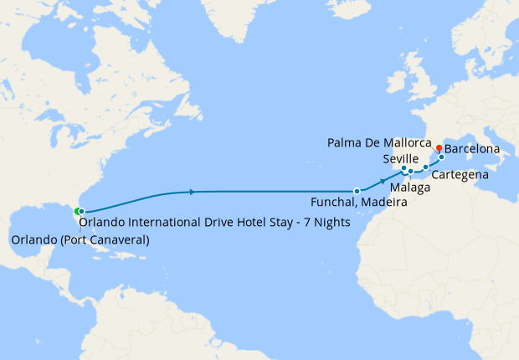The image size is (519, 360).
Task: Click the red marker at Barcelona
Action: click(x=439, y=148)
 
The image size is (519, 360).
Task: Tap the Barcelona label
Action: click(x=472, y=150)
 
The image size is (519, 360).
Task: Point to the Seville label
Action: click(x=400, y=159)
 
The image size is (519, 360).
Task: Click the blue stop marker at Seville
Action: click(x=403, y=169)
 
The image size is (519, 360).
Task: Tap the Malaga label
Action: click(x=410, y=188)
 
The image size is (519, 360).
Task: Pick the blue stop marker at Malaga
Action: click(x=411, y=172)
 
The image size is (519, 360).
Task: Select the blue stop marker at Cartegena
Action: click(x=425, y=167)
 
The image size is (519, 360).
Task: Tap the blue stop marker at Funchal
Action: click(x=357, y=191)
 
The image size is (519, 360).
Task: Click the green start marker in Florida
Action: click(x=77, y=211)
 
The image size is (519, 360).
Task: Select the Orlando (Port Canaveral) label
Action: click(x=80, y=241)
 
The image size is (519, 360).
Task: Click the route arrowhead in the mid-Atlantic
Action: click(x=193, y=192)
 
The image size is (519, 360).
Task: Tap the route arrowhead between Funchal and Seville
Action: click(x=383, y=181)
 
